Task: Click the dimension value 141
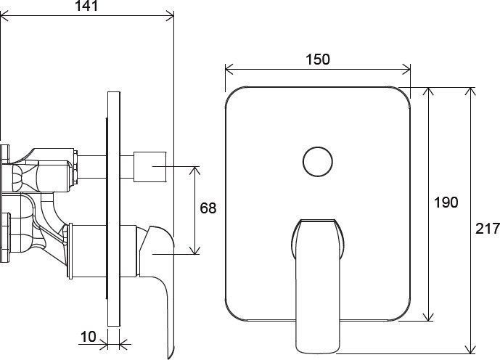[86, 5]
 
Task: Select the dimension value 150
[318, 60]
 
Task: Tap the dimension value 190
[446, 202]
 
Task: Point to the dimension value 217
[488, 229]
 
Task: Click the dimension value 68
[208, 208]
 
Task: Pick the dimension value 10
[88, 336]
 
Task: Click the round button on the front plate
[318, 162]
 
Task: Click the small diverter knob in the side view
[149, 167]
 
